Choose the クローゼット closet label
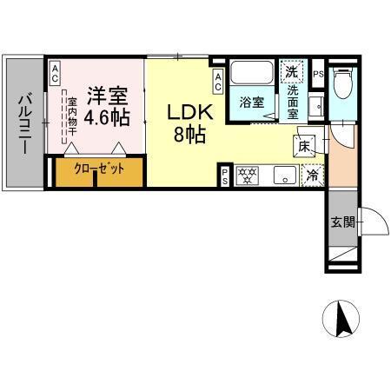(98, 169)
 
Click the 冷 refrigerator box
(312, 176)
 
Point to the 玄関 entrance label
(341, 222)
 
